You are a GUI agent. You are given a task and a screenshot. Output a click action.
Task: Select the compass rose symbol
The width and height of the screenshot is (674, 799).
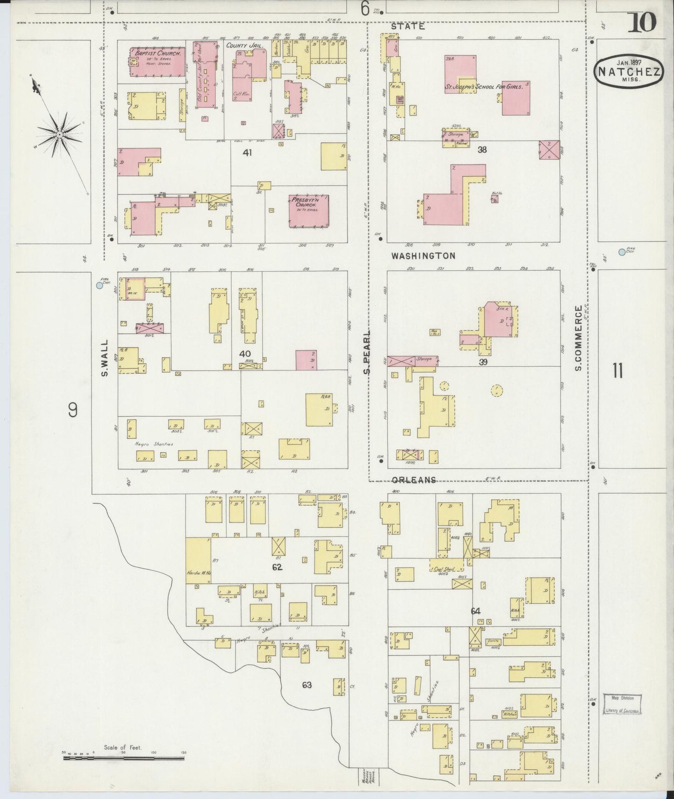coord(60,134)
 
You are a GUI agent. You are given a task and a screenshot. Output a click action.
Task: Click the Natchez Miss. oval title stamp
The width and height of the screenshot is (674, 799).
coord(629,71)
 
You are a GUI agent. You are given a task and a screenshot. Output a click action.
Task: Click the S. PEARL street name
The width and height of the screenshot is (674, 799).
coord(367,353)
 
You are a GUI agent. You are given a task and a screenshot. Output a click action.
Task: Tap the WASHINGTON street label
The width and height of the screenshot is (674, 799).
coord(423,256)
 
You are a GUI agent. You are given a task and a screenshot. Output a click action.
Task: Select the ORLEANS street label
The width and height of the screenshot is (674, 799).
coord(414,480)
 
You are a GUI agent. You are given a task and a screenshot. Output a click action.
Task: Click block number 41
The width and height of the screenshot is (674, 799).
coord(247,152)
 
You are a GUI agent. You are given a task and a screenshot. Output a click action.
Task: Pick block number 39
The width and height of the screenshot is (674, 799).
coord(483,362)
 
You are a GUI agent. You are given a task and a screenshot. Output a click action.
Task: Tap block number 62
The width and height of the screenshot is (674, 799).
coord(278,567)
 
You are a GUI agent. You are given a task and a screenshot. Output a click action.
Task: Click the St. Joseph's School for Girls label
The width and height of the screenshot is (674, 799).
coord(483,86)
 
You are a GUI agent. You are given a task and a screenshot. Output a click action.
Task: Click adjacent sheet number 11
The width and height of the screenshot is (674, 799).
coord(618,371)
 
